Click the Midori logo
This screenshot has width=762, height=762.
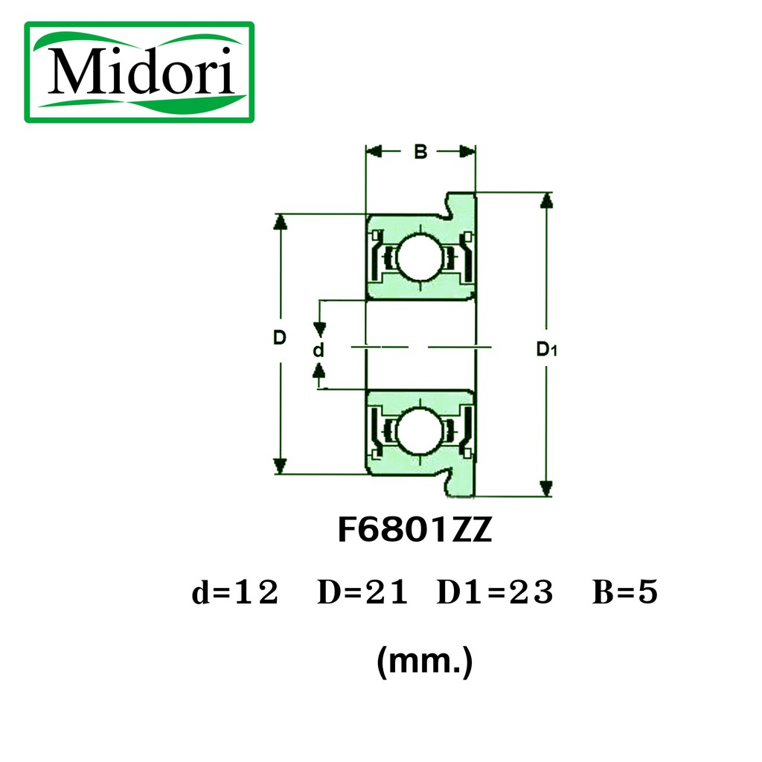pyautogui.click(x=139, y=72)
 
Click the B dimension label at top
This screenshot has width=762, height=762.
pyautogui.click(x=420, y=152)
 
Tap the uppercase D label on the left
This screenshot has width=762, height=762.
pyautogui.click(x=280, y=337)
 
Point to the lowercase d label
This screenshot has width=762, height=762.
pyautogui.click(x=318, y=350)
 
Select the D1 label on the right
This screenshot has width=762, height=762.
pyautogui.click(x=546, y=349)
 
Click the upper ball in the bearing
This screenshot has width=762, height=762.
pyautogui.click(x=420, y=257)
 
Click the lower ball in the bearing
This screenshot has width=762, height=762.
pyautogui.click(x=420, y=431)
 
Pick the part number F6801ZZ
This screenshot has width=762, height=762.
pyautogui.click(x=415, y=530)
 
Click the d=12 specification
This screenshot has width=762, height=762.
pyautogui.click(x=235, y=592)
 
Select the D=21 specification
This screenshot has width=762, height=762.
pyautogui.click(x=362, y=592)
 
